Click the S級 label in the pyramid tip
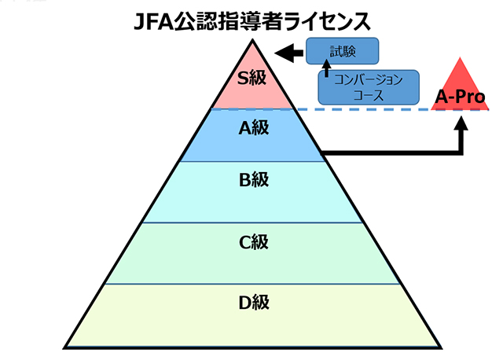253,77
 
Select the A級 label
253,129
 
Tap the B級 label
253,180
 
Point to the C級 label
253,242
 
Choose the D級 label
253,301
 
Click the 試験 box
342,52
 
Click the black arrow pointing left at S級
288,53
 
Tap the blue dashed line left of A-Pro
369,109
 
